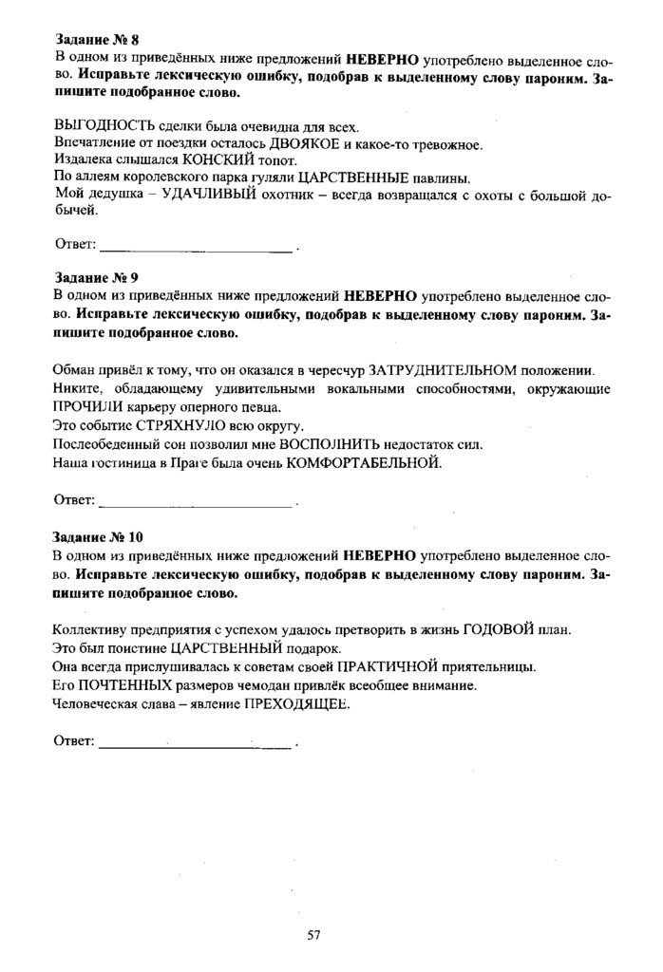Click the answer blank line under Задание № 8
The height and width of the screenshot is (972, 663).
197,250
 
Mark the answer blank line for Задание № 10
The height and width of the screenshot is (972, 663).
195,746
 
